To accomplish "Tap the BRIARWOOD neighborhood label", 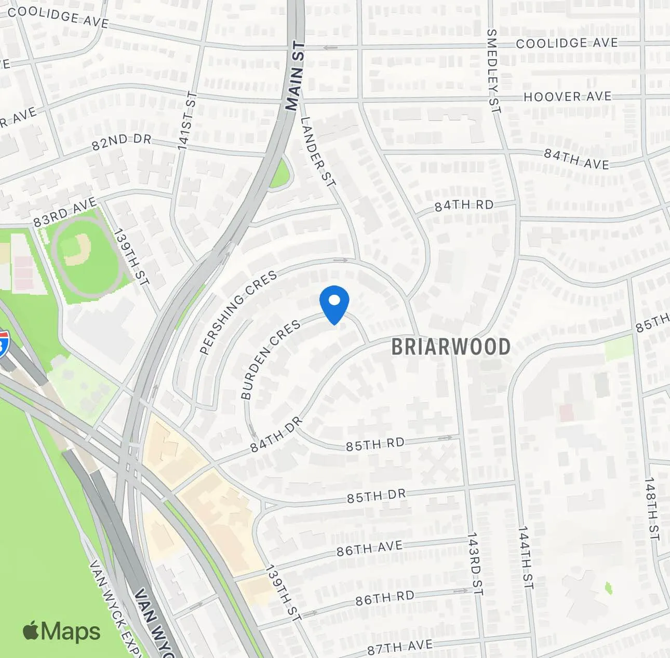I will [x=450, y=347].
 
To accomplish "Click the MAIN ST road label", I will [x=294, y=76].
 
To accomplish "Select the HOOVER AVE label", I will [x=567, y=97].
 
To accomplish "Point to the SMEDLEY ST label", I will [x=492, y=71].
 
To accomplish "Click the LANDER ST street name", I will [x=318, y=152].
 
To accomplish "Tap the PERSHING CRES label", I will [x=238, y=313].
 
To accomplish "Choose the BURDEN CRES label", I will [x=270, y=359].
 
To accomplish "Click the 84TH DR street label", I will [x=276, y=433].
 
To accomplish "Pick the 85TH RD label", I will [x=375, y=445].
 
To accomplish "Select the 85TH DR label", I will [x=376, y=496].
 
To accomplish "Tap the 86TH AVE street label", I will [x=369, y=548].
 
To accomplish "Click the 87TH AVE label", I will [x=399, y=647].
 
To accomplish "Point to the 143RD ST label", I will [x=475, y=564].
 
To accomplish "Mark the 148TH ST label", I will [x=651, y=511].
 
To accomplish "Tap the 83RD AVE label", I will [x=65, y=212].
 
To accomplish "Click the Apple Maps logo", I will [x=61, y=631].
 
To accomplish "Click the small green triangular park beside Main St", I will [x=280, y=174].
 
